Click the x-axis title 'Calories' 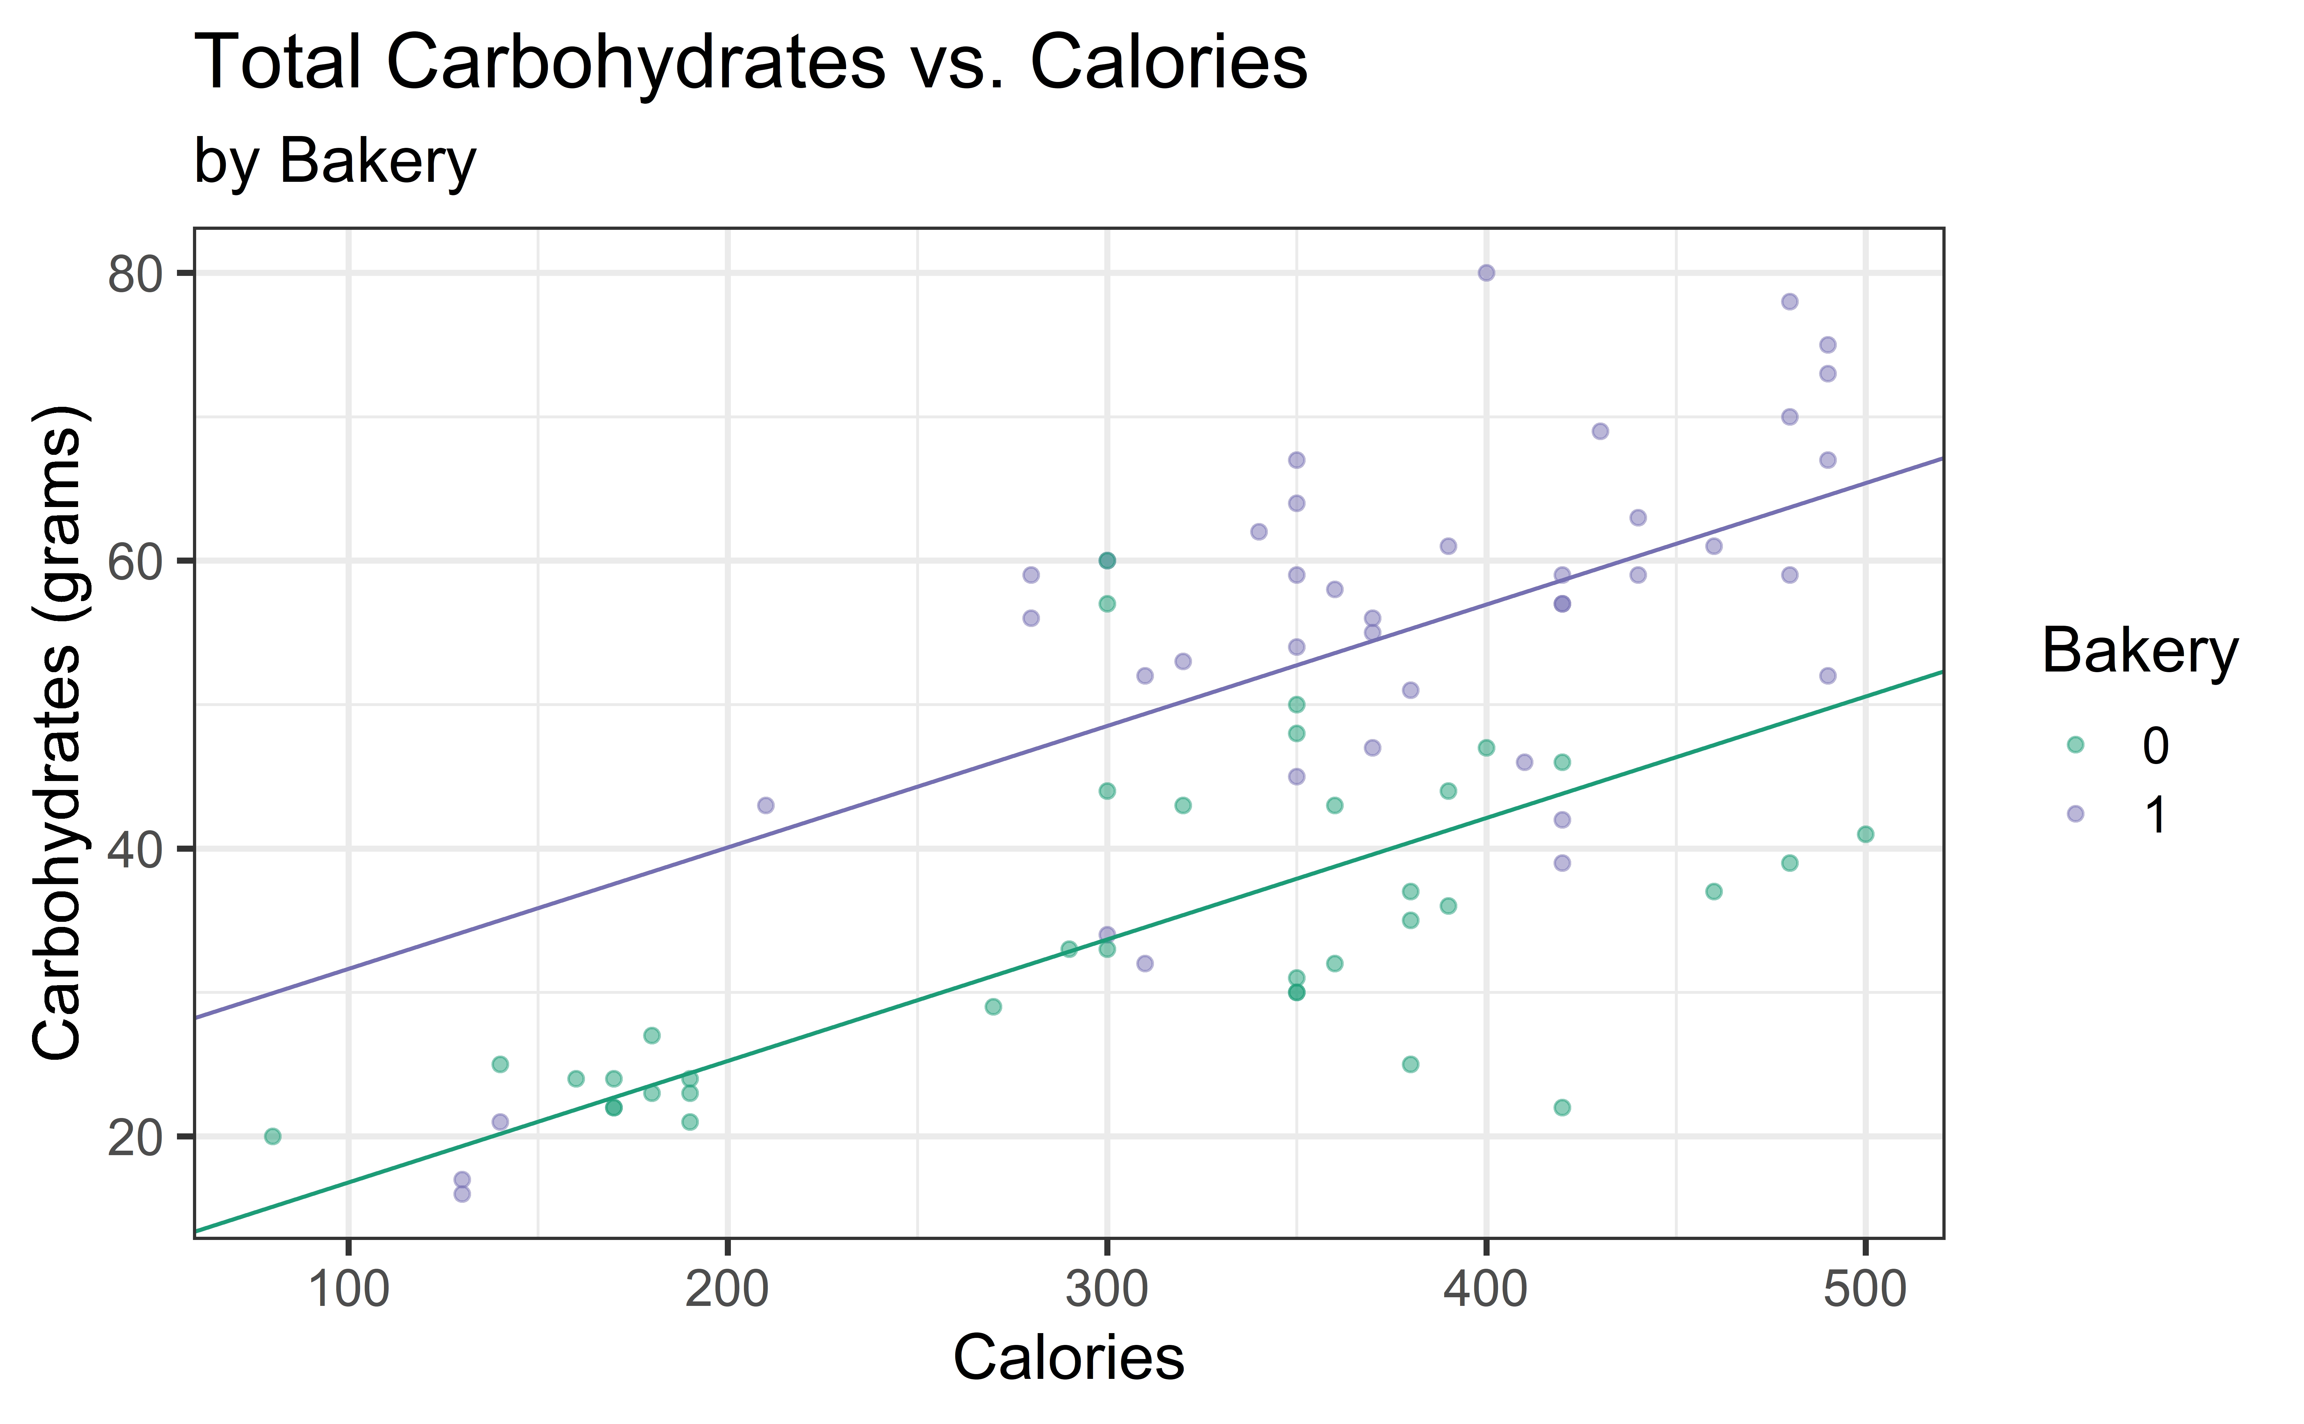[1069, 1358]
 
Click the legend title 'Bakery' [2139, 650]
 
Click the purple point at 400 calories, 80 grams [1486, 273]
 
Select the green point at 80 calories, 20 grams [273, 1136]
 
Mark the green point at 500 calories [1865, 834]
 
